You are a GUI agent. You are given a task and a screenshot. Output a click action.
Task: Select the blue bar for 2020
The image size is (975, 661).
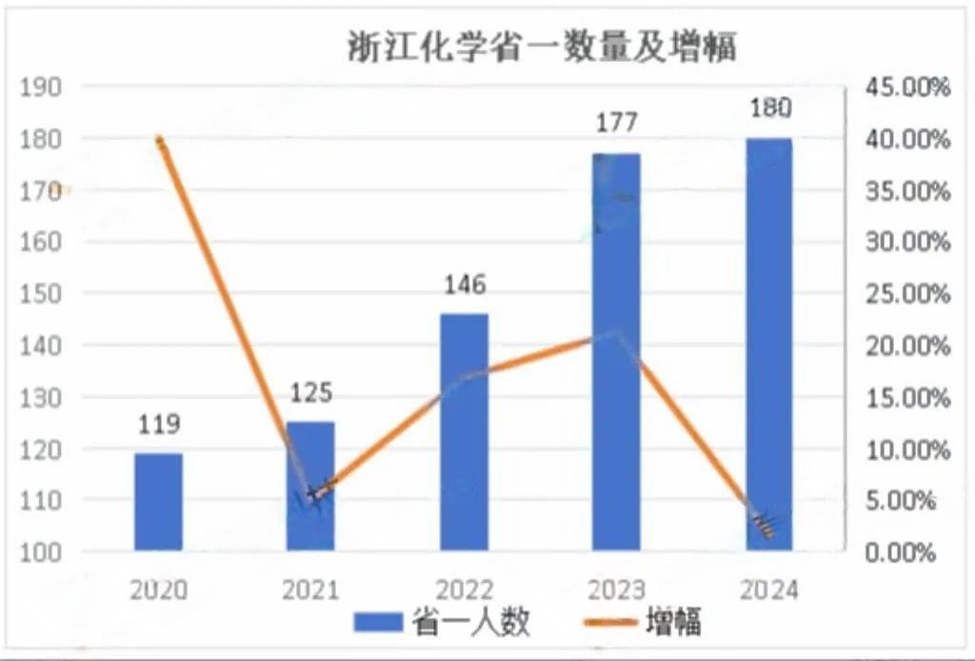(x=158, y=502)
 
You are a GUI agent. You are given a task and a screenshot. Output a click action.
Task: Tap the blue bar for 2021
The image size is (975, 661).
(x=310, y=486)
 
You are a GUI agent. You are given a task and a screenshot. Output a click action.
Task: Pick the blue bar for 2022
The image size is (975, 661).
(x=464, y=431)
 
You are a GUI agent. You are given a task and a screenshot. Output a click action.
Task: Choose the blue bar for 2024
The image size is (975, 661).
(x=768, y=344)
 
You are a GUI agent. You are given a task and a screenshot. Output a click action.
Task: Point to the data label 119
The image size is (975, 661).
(x=158, y=424)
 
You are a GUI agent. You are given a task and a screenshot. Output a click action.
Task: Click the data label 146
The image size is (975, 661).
(x=464, y=285)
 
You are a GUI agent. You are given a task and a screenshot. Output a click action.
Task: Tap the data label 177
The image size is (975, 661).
(x=616, y=124)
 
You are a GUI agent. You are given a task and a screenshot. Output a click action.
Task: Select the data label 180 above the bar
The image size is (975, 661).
(x=769, y=108)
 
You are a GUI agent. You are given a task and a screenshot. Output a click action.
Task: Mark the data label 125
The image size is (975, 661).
(x=311, y=392)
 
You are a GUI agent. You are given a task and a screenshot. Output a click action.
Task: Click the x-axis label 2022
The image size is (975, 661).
(x=464, y=590)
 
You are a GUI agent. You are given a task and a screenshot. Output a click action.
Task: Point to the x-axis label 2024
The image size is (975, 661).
(x=769, y=590)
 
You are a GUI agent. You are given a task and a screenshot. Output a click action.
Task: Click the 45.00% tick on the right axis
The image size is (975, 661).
(x=906, y=88)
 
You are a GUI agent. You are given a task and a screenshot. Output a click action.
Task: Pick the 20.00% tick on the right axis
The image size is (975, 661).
(x=906, y=345)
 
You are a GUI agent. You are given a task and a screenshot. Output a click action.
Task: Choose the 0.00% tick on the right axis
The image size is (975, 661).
(x=901, y=551)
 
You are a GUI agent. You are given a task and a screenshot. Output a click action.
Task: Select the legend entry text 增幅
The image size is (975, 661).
(x=673, y=624)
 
